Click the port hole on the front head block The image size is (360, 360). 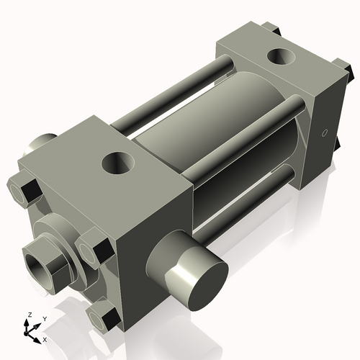point(117,163)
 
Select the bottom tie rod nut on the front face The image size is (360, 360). point(104,316)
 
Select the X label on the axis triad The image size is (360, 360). point(45,338)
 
